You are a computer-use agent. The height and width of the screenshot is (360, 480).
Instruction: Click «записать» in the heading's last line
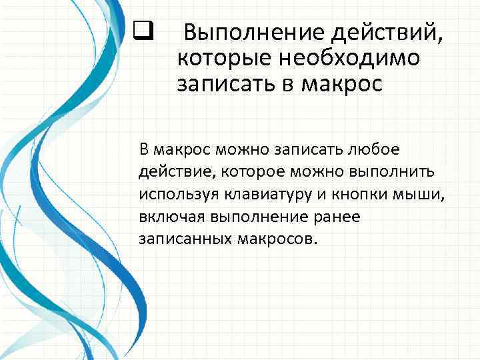[217, 85]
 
